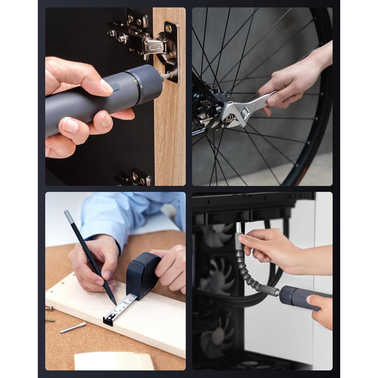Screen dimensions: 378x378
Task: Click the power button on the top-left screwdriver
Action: [x=116, y=87]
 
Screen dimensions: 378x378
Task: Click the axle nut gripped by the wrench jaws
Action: [x=230, y=117]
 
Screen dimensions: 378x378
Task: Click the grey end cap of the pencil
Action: [x=67, y=216]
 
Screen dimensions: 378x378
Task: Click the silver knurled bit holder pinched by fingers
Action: [x=238, y=238]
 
